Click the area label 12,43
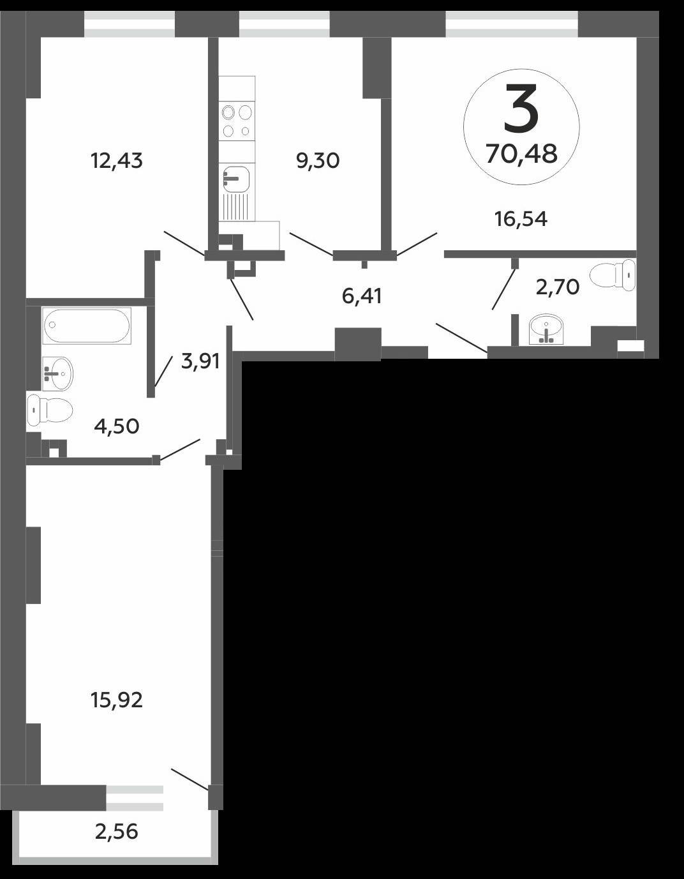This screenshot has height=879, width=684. (117, 162)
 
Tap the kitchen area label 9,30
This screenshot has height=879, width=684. (318, 162)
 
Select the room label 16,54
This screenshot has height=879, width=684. (521, 220)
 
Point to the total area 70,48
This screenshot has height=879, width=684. (521, 154)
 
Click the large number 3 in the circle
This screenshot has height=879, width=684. (521, 109)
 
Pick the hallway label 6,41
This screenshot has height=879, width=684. (362, 297)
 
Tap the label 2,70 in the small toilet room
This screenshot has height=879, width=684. (558, 288)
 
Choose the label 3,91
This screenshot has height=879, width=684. (200, 361)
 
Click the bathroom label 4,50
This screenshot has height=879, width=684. (117, 426)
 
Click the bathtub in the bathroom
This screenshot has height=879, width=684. (87, 326)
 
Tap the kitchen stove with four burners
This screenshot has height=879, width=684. (237, 121)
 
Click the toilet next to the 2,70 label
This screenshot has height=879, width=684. (613, 275)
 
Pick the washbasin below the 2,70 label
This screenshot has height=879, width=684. (546, 329)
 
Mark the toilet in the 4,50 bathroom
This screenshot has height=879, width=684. (49, 410)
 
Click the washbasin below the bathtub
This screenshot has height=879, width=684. (58, 374)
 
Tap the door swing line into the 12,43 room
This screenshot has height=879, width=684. (184, 243)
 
